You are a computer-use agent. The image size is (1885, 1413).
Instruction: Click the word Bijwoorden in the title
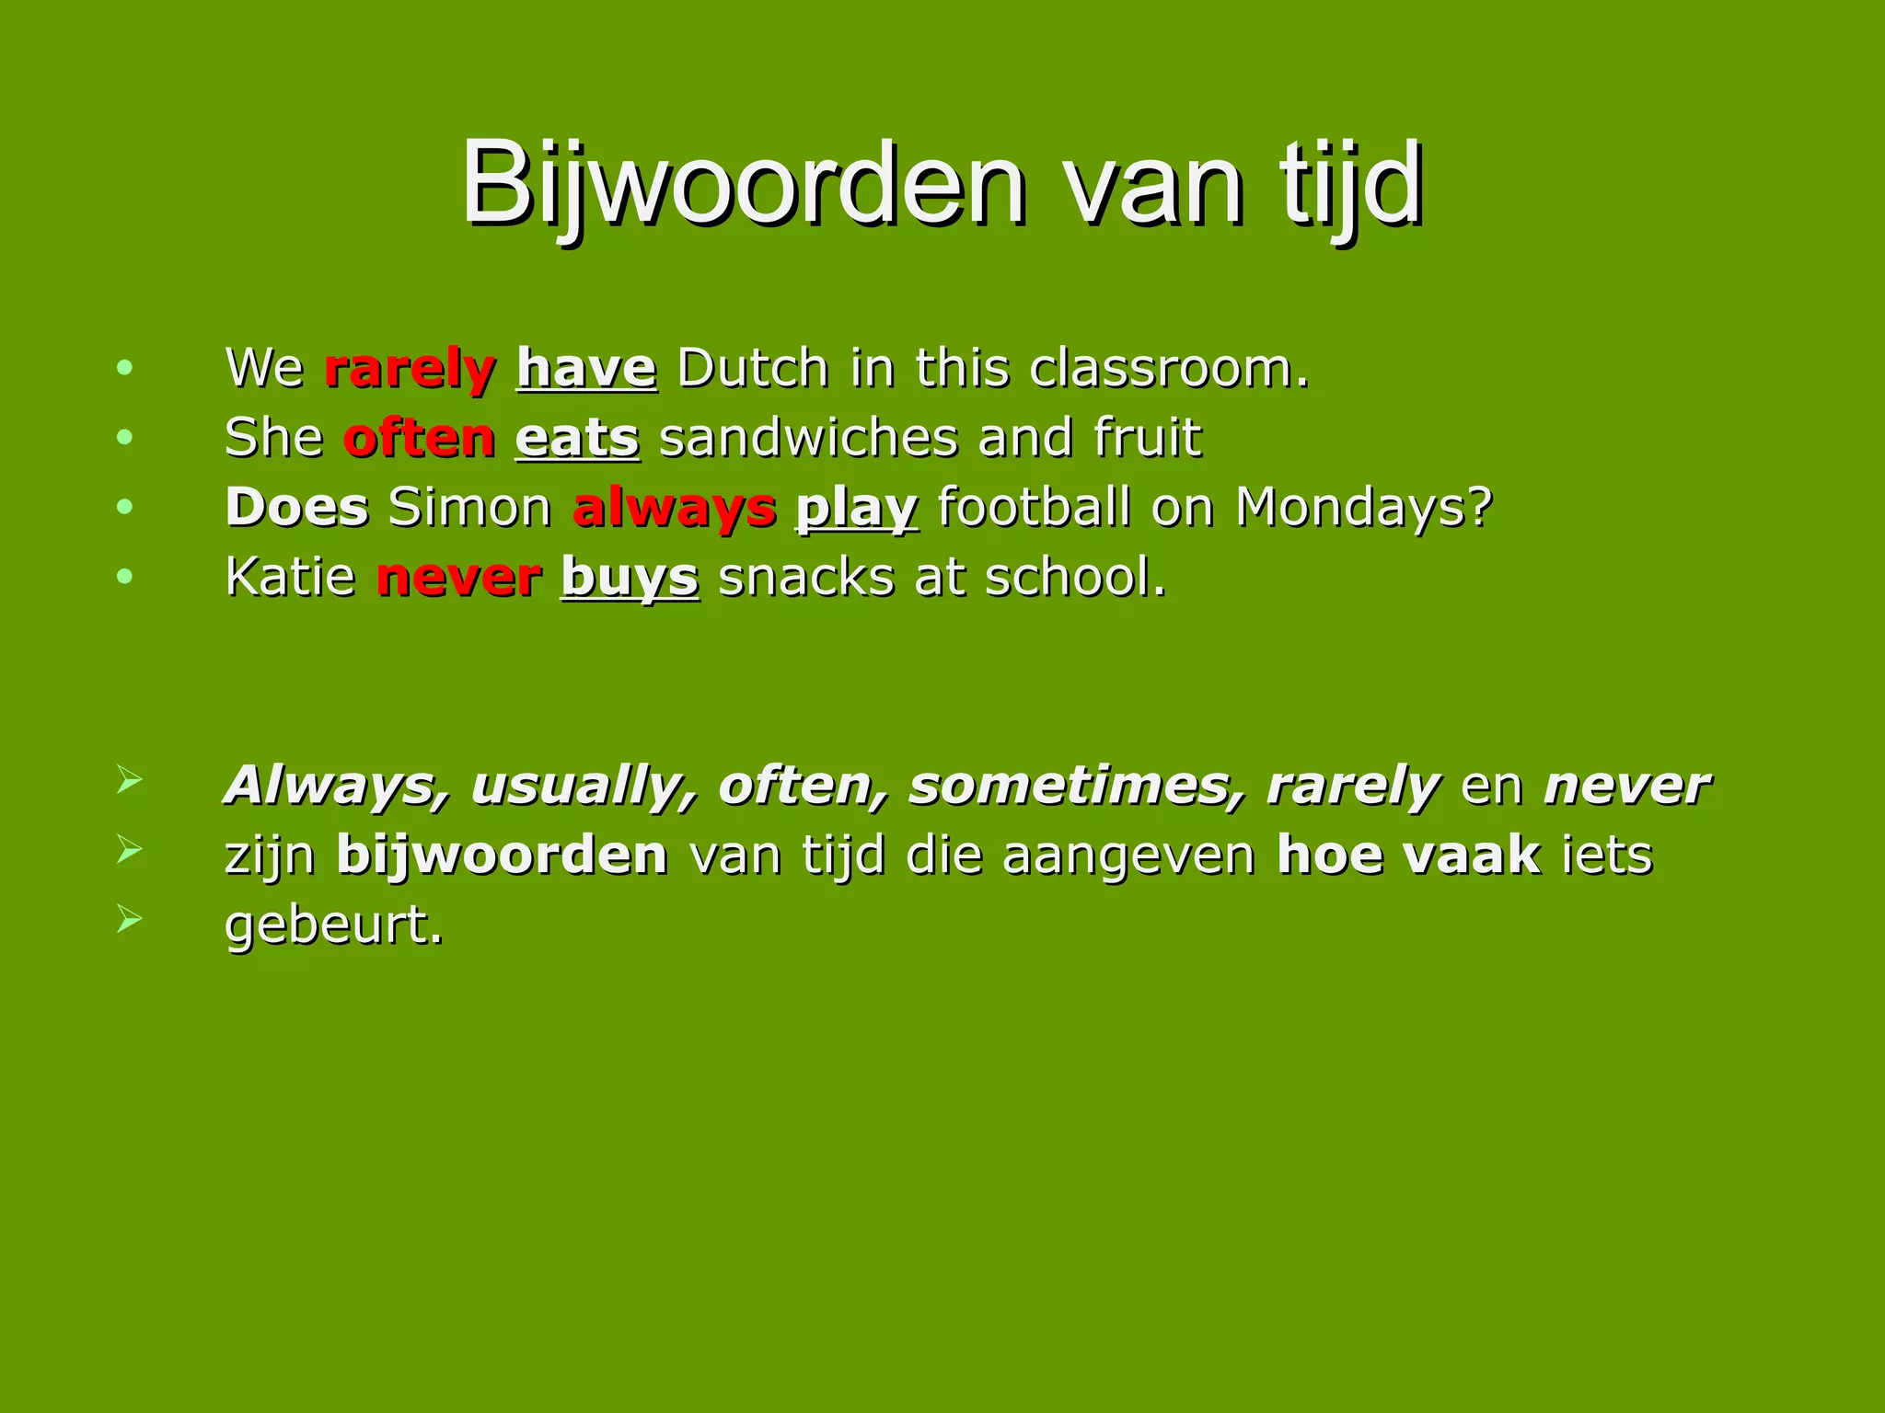pyautogui.click(x=743, y=184)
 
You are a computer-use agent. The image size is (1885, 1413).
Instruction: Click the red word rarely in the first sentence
pyautogui.click(x=410, y=369)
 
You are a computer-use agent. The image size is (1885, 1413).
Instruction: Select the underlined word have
pyautogui.click(x=586, y=369)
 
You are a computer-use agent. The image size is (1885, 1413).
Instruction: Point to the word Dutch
pyautogui.click(x=752, y=369)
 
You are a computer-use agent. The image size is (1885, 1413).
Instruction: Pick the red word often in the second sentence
pyautogui.click(x=419, y=438)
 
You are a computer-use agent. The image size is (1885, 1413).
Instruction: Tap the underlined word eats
pyautogui.click(x=577, y=438)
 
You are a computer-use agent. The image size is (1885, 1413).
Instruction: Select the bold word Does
pyautogui.click(x=296, y=508)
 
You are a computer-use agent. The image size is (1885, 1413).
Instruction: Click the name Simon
pyautogui.click(x=469, y=508)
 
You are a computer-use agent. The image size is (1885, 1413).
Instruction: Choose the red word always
pyautogui.click(x=674, y=508)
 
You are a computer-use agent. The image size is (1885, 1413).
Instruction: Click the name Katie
pyautogui.click(x=290, y=578)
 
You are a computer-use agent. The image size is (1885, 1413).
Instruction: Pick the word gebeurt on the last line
pyautogui.click(x=332, y=925)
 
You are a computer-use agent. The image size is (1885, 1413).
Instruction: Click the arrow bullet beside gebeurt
pyautogui.click(x=129, y=919)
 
